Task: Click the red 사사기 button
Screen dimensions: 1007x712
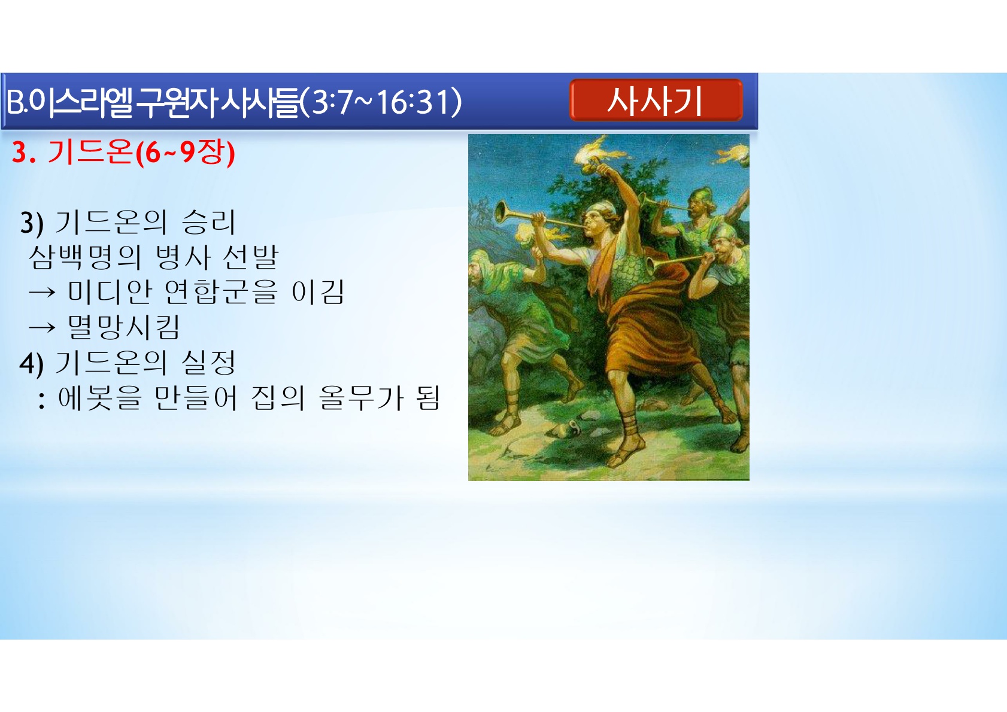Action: pyautogui.click(x=656, y=100)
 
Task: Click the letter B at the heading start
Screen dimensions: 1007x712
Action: pyautogui.click(x=14, y=102)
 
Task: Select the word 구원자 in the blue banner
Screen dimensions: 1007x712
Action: pyautogui.click(x=177, y=102)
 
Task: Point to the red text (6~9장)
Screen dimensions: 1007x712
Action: pyautogui.click(x=185, y=153)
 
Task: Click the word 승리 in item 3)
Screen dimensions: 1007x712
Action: pyautogui.click(x=208, y=222)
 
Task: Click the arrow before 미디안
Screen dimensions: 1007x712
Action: pyautogui.click(x=42, y=293)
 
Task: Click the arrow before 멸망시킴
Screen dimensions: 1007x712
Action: pyautogui.click(x=42, y=327)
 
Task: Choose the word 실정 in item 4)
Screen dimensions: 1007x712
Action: pyautogui.click(x=208, y=362)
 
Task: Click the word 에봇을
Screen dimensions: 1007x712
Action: pyautogui.click(x=100, y=397)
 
